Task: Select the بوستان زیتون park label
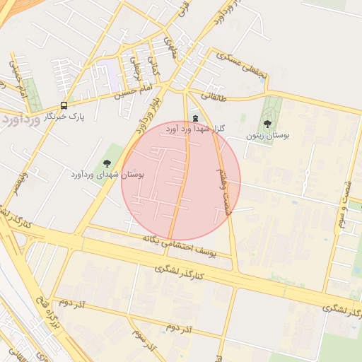coord(267,134)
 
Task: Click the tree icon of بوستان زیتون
coord(267,123)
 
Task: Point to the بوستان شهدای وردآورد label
coord(107,173)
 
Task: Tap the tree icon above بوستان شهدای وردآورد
coord(107,163)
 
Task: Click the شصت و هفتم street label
coord(222,182)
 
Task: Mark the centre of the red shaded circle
coord(181,181)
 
